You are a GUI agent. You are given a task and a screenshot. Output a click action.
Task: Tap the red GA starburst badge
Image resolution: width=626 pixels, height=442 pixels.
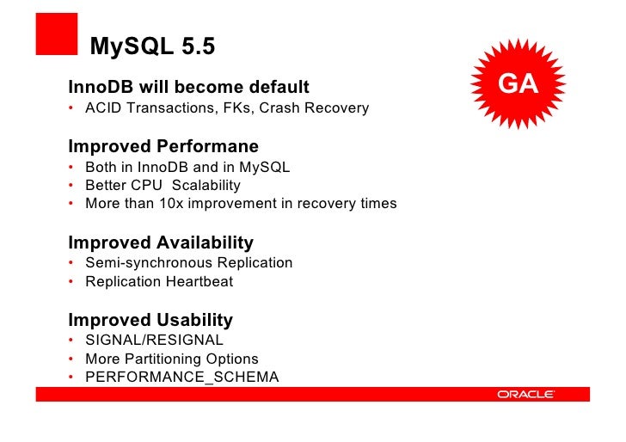[518, 84]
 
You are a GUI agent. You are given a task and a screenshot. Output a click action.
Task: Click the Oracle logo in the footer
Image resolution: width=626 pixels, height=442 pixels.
[525, 395]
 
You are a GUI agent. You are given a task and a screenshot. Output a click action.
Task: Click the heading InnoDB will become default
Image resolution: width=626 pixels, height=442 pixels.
[188, 88]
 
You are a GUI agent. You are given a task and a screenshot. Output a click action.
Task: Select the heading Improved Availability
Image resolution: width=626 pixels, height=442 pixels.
[161, 242]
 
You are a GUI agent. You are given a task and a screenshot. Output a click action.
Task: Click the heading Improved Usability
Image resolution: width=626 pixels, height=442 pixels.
[150, 321]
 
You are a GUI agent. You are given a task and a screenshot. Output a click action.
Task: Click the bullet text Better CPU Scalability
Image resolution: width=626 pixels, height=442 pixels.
[163, 186]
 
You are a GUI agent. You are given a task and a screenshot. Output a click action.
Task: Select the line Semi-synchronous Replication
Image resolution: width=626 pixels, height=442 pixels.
[188, 263]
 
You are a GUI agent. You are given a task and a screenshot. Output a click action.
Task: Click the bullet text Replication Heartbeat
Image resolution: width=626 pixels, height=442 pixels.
[159, 282]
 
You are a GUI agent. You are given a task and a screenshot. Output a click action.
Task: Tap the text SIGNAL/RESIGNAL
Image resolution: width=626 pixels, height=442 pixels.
[154, 341]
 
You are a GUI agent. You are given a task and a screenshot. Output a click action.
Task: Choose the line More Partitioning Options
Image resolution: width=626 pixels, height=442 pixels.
[171, 359]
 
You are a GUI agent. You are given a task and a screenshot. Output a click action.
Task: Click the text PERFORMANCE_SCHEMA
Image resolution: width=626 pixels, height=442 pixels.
[181, 378]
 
